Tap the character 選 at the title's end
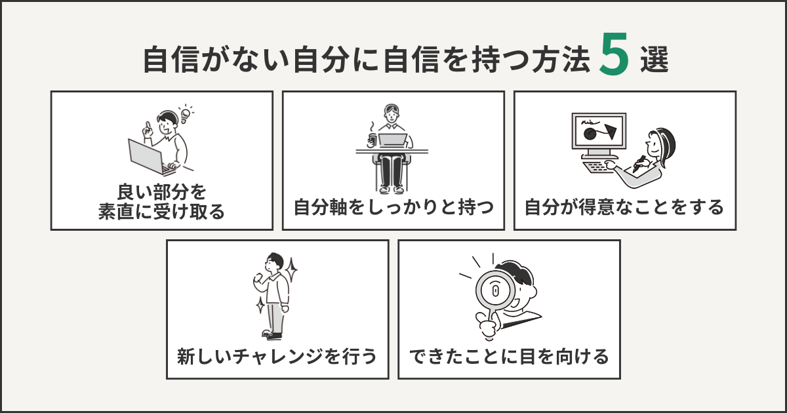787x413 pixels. tap(654, 61)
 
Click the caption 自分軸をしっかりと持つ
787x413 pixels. tap(393, 208)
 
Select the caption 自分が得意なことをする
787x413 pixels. tap(624, 208)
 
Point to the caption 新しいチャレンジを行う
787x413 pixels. tap(277, 357)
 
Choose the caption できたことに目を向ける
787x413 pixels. tap(509, 357)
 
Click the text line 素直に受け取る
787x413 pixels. tap(161, 212)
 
